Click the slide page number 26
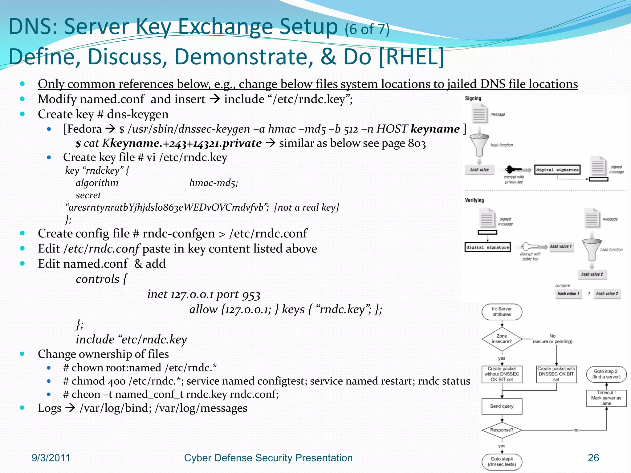(x=593, y=458)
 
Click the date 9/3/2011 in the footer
(x=51, y=458)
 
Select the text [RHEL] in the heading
(x=411, y=57)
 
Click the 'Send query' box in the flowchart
(x=502, y=406)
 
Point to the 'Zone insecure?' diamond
(x=502, y=339)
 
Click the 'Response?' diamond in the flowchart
(x=502, y=430)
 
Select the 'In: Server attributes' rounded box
(x=502, y=312)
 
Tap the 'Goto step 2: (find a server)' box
(x=606, y=374)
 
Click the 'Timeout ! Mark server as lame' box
(x=606, y=398)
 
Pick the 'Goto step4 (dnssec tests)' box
(x=502, y=462)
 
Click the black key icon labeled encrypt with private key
(x=513, y=169)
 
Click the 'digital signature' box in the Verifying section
(x=487, y=247)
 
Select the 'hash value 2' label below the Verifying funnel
(x=592, y=274)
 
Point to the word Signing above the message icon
(x=473, y=98)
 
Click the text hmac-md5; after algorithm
(x=214, y=183)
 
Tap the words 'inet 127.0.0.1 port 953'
(x=204, y=294)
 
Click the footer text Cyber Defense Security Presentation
(x=268, y=458)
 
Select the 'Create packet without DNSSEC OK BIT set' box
(x=502, y=374)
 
